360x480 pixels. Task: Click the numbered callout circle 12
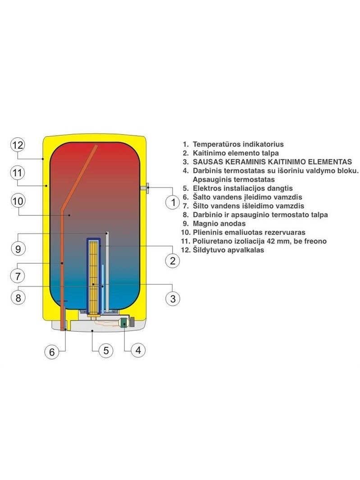pos(18,145)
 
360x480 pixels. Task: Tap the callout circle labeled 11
pos(18,173)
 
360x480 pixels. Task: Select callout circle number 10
pos(18,201)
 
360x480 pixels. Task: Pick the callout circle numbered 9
pos(18,248)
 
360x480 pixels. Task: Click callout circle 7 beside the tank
pos(18,276)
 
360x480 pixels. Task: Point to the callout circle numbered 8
pos(18,297)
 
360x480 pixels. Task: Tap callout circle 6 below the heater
pos(52,352)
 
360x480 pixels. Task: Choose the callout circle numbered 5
pos(106,350)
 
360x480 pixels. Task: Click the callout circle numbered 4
pos(138,350)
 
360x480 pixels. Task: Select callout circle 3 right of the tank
pos(173,298)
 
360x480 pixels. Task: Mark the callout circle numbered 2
pos(173,261)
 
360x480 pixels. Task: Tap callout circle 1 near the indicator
pos(173,202)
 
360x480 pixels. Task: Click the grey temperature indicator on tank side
pos(145,188)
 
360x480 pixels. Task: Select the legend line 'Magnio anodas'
pos(219,224)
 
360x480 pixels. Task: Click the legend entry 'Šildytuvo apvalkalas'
pos(228,250)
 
